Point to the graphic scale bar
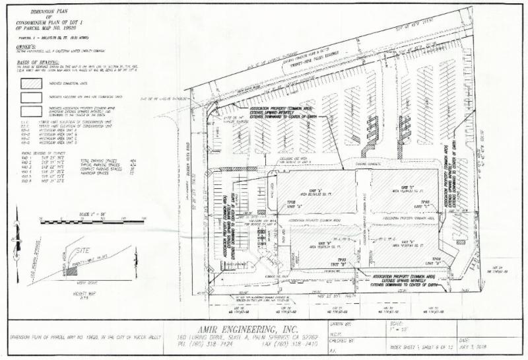point(82,221)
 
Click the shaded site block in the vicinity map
point(73,270)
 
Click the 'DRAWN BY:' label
point(339,324)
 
